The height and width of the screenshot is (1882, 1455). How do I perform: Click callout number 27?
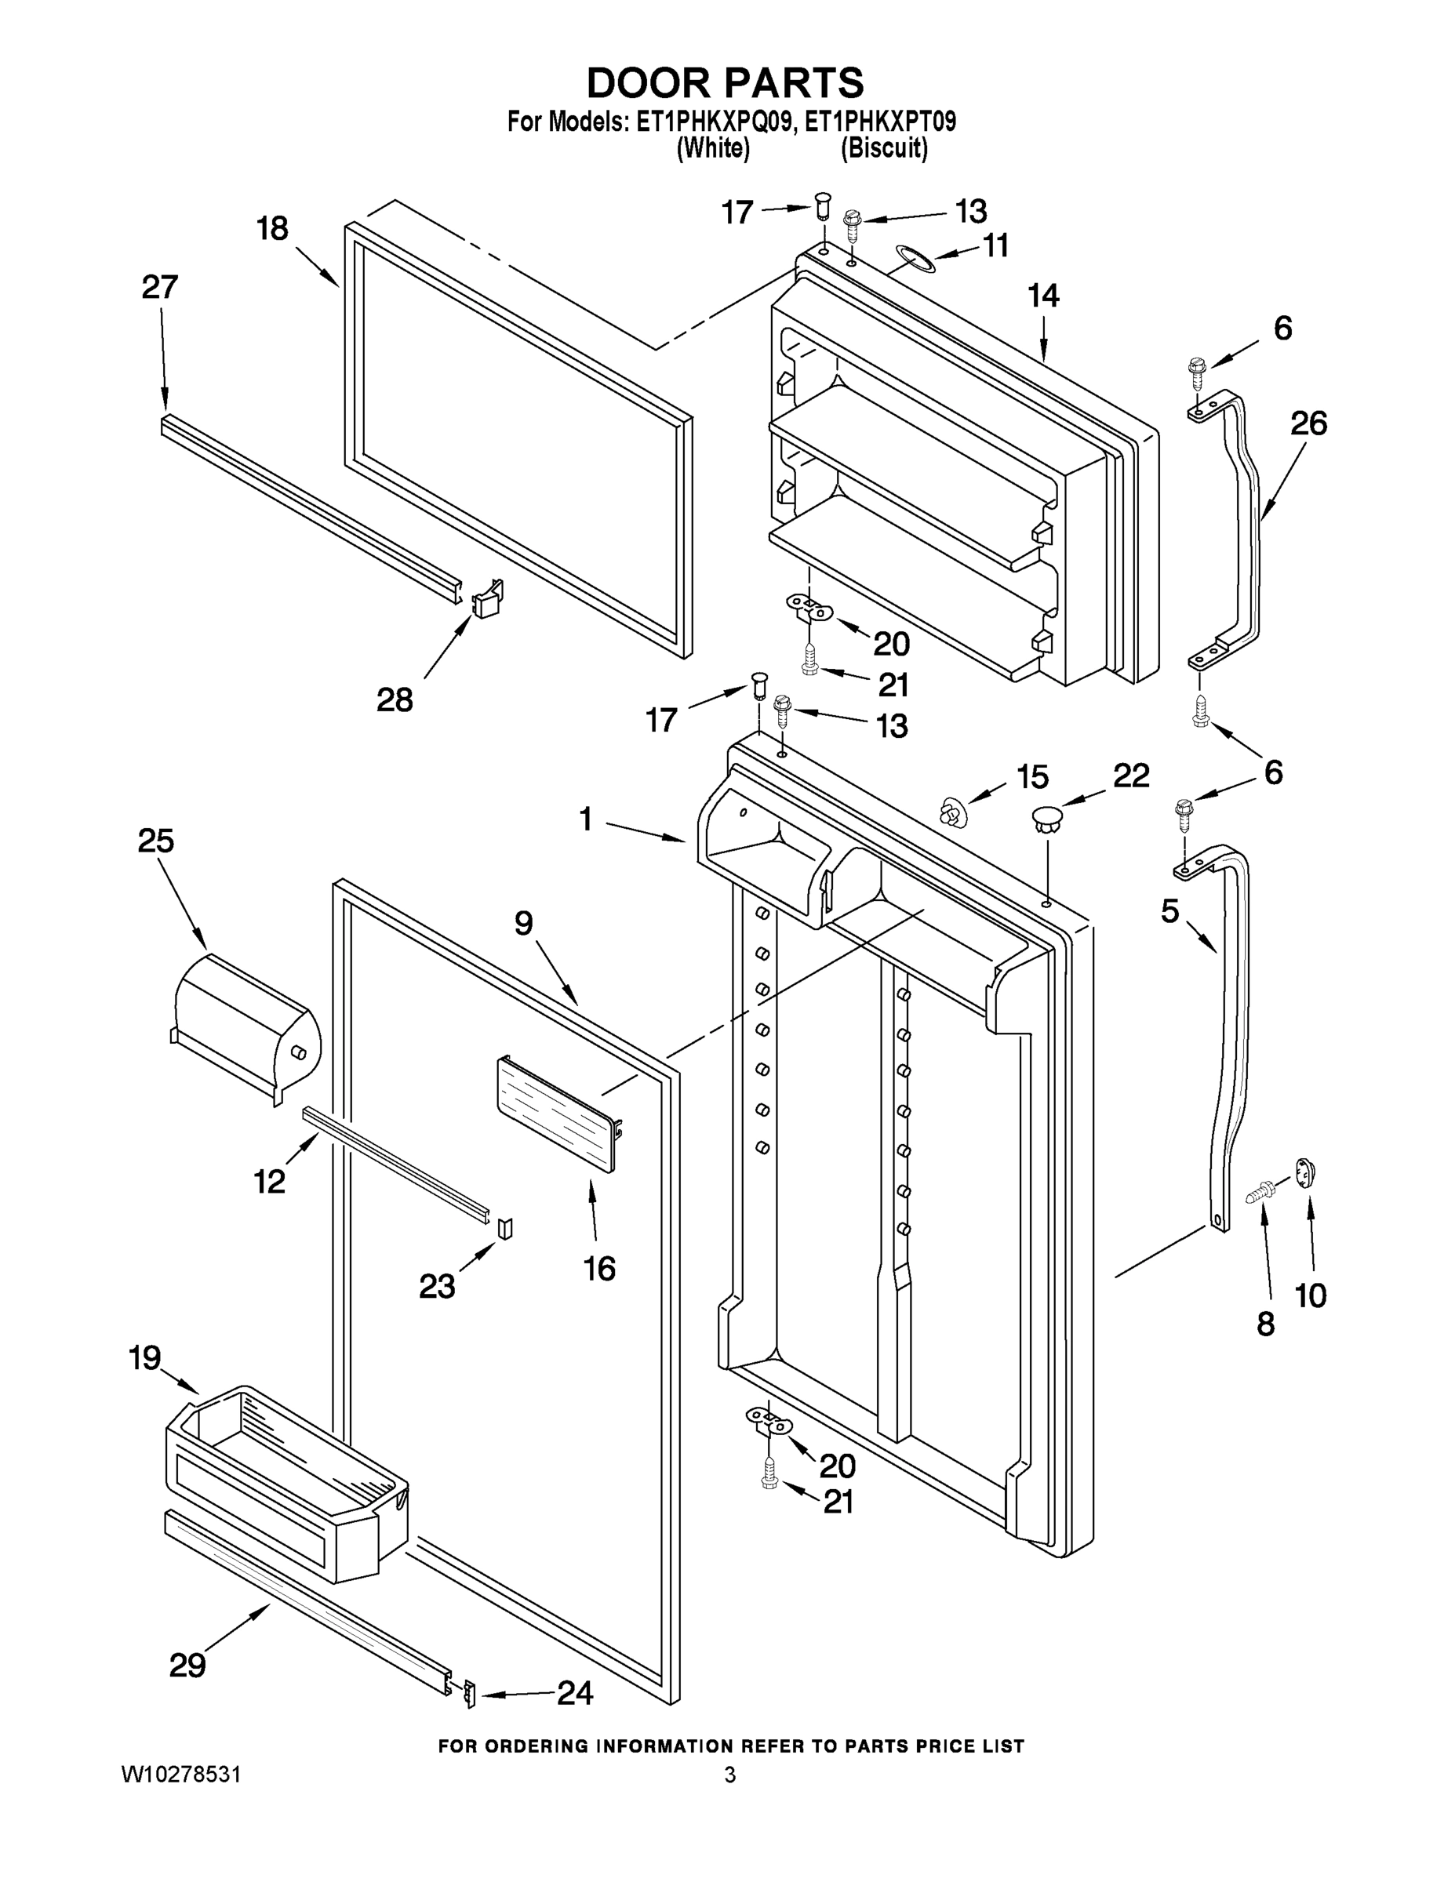click(x=159, y=287)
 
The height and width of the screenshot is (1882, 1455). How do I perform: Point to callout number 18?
click(x=272, y=229)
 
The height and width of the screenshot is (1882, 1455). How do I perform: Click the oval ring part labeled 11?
click(x=914, y=256)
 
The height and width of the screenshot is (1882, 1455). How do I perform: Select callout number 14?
click(x=1043, y=296)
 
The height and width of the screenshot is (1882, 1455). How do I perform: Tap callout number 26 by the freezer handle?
click(x=1308, y=423)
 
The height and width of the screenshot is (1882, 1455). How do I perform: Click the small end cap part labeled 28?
click(x=487, y=596)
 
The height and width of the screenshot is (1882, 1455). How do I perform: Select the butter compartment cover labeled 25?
click(x=246, y=1026)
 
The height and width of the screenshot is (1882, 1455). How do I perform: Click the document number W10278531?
click(x=181, y=1775)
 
